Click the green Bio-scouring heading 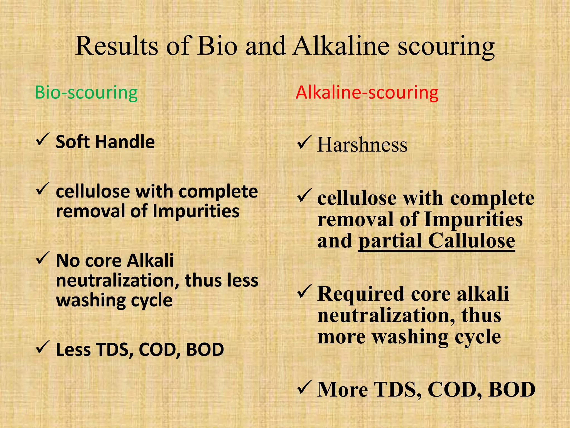point(86,93)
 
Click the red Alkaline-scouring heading point(367,93)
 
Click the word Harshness point(362,145)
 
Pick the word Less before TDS point(73,349)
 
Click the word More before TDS point(342,390)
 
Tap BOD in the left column point(205,349)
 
